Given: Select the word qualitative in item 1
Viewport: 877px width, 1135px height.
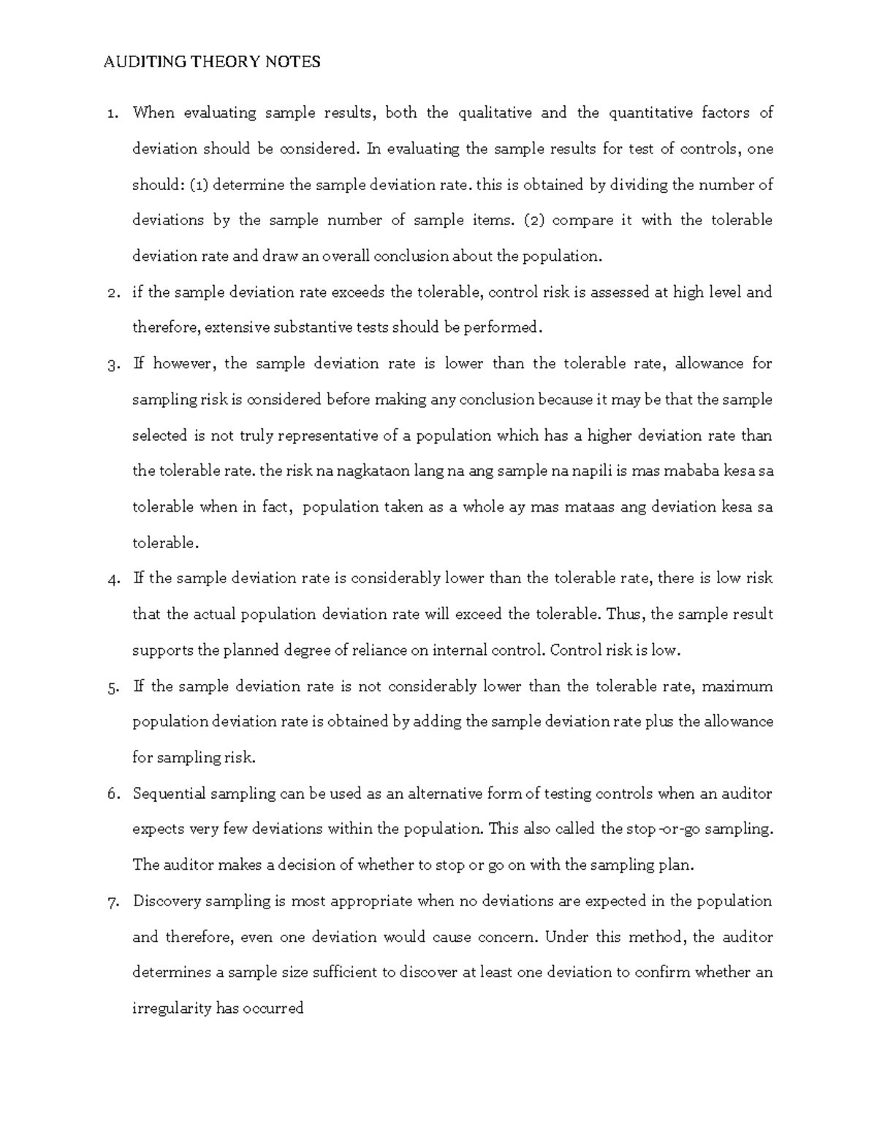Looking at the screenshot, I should (x=492, y=113).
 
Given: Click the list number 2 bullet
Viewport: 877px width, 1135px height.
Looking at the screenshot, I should (x=112, y=293).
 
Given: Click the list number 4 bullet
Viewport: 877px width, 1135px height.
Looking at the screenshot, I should (x=112, y=580).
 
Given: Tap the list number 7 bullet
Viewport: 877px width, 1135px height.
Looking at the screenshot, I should (x=112, y=902).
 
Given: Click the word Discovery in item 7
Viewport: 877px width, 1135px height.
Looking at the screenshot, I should (x=167, y=901).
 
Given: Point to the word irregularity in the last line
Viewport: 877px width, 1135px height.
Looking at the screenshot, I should (x=172, y=1009).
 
